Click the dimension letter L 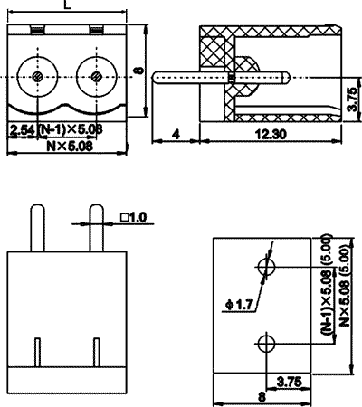click(x=69, y=5)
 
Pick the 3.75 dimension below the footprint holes click(x=288, y=381)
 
